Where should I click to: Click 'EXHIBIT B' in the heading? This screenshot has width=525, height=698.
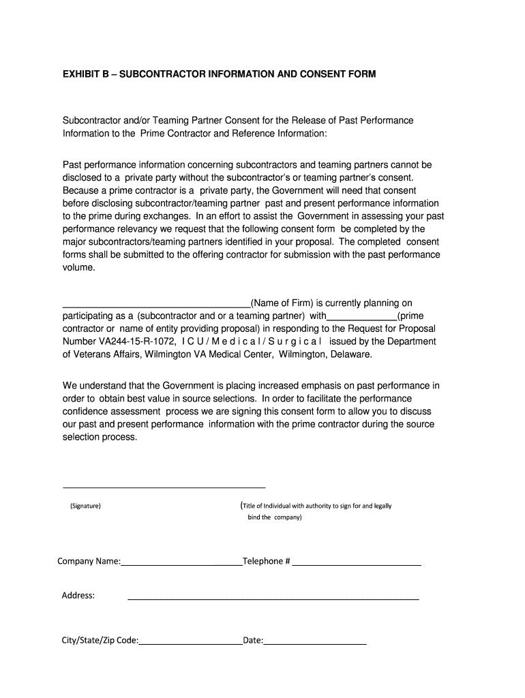(x=87, y=74)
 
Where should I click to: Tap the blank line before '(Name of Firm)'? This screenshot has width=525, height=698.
(x=157, y=306)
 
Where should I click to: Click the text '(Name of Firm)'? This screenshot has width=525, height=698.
(x=282, y=303)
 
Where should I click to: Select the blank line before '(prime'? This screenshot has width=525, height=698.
(x=362, y=319)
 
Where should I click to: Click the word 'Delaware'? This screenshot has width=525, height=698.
(x=351, y=354)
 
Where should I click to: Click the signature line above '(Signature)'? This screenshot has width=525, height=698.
(x=164, y=487)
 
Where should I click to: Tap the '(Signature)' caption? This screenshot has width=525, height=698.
(x=85, y=506)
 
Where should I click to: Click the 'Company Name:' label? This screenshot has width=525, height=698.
(x=89, y=562)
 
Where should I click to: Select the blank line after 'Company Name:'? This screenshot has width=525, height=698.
(x=181, y=565)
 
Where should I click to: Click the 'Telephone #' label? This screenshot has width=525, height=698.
(x=267, y=562)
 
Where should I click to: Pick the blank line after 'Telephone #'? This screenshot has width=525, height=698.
(x=357, y=565)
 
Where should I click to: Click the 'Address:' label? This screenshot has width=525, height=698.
(x=78, y=596)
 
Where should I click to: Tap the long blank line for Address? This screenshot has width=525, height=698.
(x=273, y=599)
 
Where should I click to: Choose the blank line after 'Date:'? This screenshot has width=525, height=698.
(x=315, y=644)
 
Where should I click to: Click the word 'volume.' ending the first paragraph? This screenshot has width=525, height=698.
(x=79, y=268)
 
